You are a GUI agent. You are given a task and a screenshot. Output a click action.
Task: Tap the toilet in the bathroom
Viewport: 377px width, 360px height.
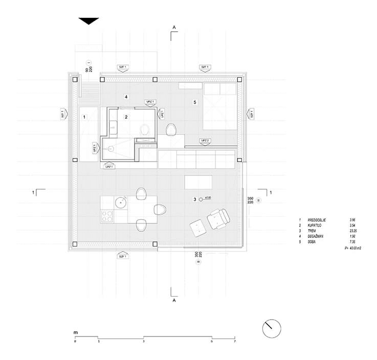[x=146, y=128]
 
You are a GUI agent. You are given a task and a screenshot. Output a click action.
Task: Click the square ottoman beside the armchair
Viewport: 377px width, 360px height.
[x=197, y=227]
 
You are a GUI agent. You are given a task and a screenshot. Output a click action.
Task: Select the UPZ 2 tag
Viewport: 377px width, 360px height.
[x=205, y=140]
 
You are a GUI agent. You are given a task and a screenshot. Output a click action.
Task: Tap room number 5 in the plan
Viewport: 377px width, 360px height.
[x=194, y=102]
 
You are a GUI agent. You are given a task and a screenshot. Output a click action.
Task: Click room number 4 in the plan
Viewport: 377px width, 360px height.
[x=126, y=97]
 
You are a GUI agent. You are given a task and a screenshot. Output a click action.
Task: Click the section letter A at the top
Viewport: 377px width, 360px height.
[x=174, y=26]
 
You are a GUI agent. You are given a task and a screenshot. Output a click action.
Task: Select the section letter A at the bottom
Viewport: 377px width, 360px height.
[x=174, y=301]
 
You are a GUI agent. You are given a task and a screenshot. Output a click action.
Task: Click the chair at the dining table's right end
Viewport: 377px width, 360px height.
[x=160, y=209]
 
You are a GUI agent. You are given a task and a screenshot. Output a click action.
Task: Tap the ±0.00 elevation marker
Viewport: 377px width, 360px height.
[x=201, y=199]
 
